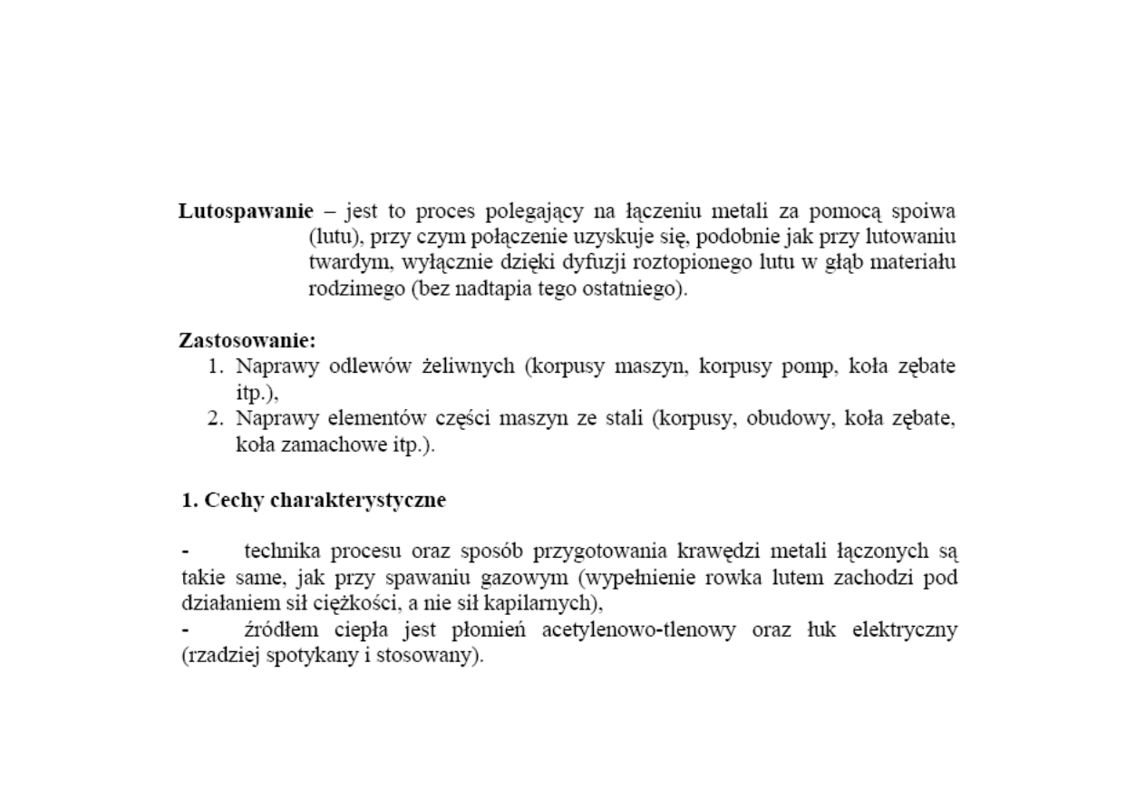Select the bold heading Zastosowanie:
click(247, 342)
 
